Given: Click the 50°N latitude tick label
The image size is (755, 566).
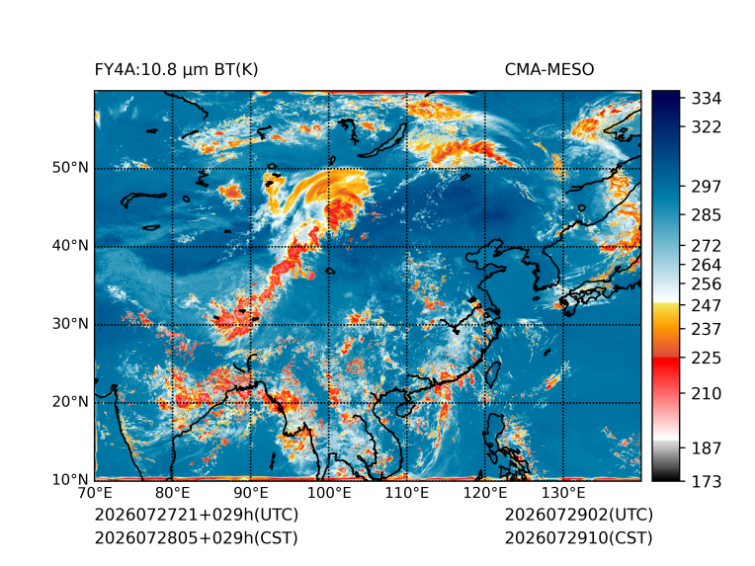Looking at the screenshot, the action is coord(70,168).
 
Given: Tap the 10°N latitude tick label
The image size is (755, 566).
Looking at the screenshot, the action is coord(70,479).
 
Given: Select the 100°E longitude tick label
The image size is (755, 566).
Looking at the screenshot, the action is coord(329,493).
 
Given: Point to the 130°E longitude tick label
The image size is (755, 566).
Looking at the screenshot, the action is coord(563,493).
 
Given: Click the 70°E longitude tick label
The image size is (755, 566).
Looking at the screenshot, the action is coord(95,493).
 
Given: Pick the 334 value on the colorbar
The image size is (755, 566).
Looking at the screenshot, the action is coord(707,99).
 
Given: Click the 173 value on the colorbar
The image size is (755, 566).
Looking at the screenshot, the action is coord(707,481).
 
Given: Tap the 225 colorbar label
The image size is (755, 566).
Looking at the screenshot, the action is coord(707,359).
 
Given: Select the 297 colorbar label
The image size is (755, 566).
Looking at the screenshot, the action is coord(707,187).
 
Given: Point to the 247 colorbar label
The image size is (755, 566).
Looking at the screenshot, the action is coord(707,305).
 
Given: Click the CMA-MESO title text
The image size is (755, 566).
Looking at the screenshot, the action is coord(549,70).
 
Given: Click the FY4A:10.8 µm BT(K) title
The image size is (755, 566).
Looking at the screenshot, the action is coord(176,70).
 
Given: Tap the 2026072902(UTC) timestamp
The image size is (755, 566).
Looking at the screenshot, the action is coord(579,515).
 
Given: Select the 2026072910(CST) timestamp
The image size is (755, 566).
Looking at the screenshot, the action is coord(579,537).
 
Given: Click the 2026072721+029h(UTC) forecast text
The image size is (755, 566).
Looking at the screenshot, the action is coord(197,515).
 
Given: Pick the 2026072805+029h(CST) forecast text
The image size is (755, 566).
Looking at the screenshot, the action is coord(197,537).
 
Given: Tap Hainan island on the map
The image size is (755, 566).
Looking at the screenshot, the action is coord(403,410).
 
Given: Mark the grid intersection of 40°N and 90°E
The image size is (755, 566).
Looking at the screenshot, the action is coord(250,247).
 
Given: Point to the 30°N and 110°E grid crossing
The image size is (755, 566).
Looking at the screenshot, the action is coord(407,325).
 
